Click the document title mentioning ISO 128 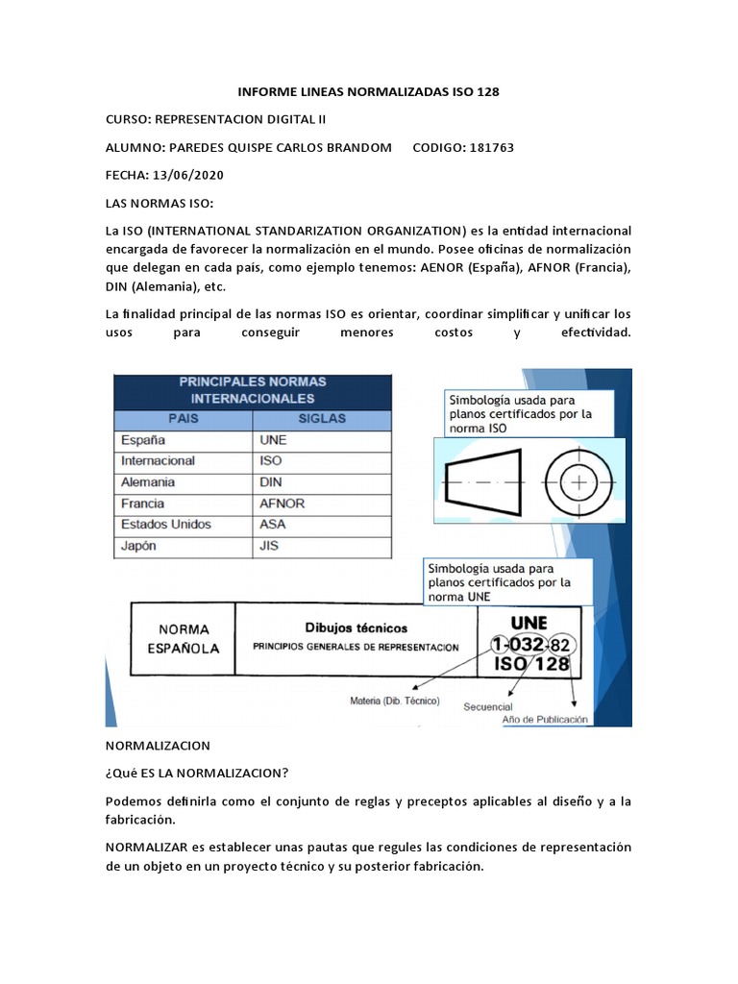[x=369, y=92]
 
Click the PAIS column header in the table [x=183, y=419]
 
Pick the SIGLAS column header [x=322, y=419]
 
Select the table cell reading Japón [x=139, y=546]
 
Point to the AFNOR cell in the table [x=282, y=504]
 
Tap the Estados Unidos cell [x=165, y=525]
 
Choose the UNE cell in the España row [x=273, y=440]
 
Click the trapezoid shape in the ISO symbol [x=481, y=481]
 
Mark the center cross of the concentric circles [x=579, y=481]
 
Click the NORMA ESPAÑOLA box [x=183, y=638]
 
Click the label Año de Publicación [x=545, y=719]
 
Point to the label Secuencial [x=488, y=706]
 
